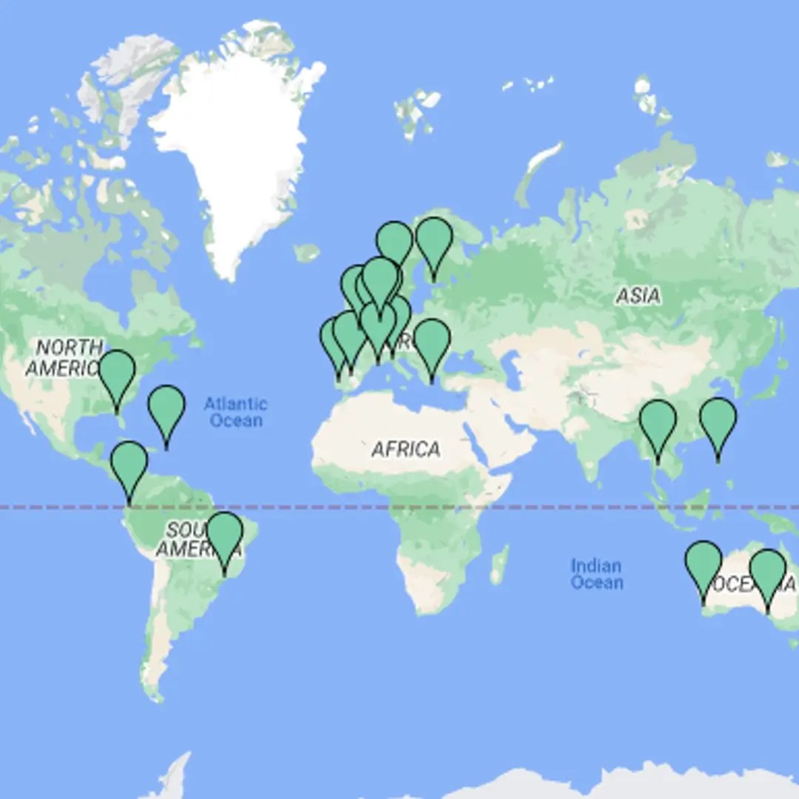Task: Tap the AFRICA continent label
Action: (x=406, y=449)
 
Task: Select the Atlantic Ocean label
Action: (x=235, y=412)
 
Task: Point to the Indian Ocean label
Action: (x=596, y=574)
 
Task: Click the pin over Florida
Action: (x=117, y=374)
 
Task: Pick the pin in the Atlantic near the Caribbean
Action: (x=166, y=409)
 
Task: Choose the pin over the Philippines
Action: (x=718, y=422)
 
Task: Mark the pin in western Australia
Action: (x=703, y=565)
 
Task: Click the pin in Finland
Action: (x=434, y=241)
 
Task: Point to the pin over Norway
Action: (x=394, y=243)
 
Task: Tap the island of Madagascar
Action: (x=500, y=564)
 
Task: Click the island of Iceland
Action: (x=306, y=252)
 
